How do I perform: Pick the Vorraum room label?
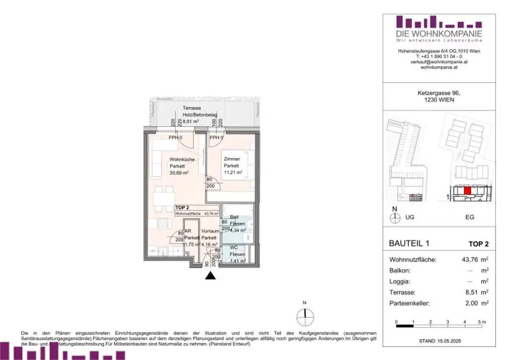click(210, 232)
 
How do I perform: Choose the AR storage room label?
click(189, 231)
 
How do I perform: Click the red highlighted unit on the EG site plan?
click(467, 190)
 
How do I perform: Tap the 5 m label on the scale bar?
click(482, 323)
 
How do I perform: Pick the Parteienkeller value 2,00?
click(471, 302)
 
